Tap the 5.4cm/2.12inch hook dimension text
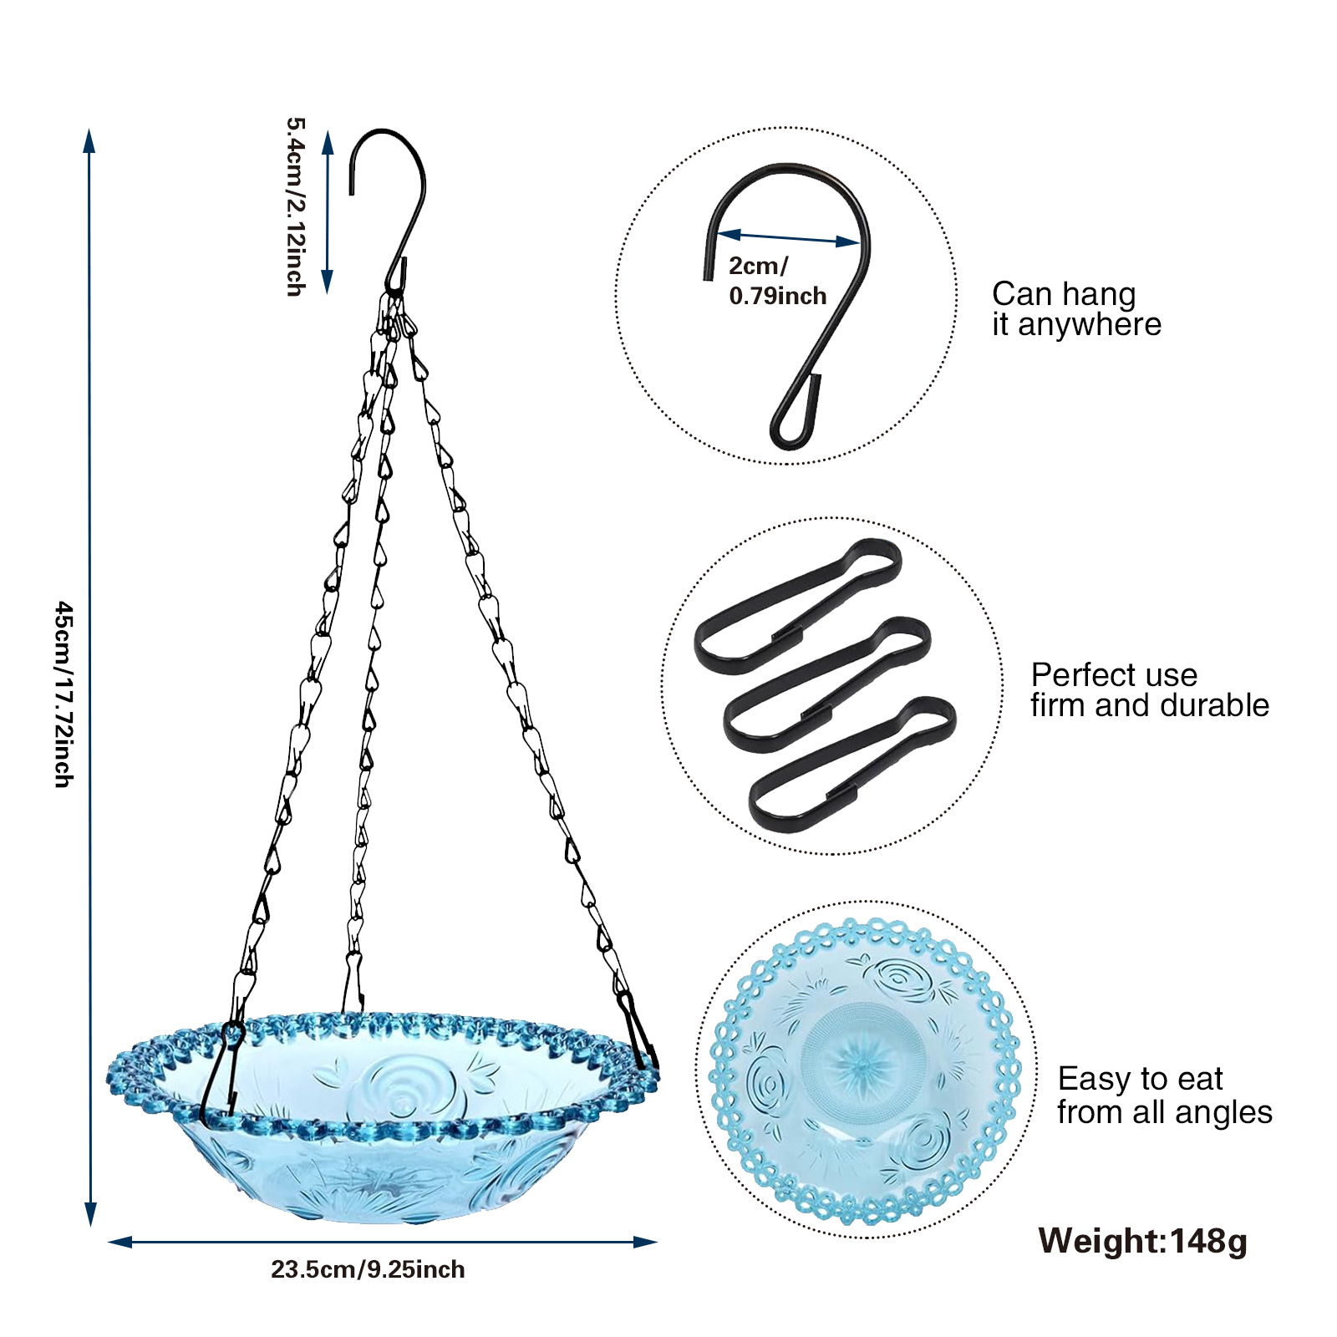coord(296,206)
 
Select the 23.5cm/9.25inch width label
coord(368,1269)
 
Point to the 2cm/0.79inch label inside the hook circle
coord(777,281)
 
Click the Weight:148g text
coord(1142,1241)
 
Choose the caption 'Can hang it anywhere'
coord(1076,309)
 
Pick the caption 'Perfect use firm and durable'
coord(1149,689)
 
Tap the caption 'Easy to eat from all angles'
coord(1164,1096)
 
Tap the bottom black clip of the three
coord(852,763)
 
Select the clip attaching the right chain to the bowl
coord(637,1032)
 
